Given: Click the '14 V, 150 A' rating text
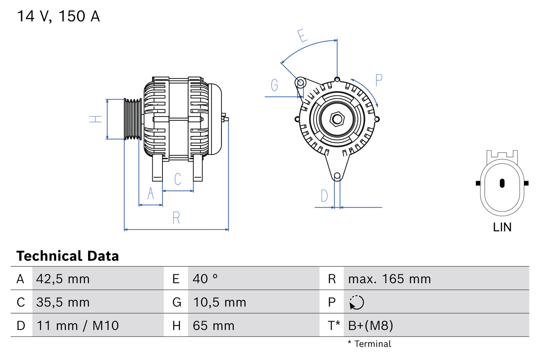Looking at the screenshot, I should [x=58, y=16].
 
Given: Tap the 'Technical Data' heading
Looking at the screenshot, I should [x=67, y=256].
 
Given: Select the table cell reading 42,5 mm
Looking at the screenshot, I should [x=63, y=279].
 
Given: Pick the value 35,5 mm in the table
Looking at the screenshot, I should [x=63, y=303].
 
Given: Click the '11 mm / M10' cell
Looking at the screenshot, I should [x=78, y=326].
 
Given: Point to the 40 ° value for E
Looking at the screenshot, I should [x=205, y=279].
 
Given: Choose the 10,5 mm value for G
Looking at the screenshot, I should [x=219, y=303].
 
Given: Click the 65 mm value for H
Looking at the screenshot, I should [x=213, y=326].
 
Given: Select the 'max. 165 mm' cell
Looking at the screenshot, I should [x=389, y=279].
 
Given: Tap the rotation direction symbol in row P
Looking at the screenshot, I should [x=356, y=303].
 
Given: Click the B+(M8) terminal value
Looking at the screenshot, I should [x=370, y=326].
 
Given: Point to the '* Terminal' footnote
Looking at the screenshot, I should [x=370, y=344].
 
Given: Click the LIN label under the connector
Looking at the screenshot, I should [x=502, y=227].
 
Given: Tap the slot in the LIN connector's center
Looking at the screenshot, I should [x=502, y=183].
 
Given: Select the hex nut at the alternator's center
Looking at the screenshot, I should [x=336, y=119].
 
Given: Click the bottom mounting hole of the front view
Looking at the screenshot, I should [x=337, y=176].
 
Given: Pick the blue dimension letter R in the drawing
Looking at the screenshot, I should [x=176, y=218].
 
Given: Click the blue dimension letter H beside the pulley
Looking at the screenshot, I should [x=97, y=119].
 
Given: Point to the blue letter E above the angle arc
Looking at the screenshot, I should [x=302, y=36].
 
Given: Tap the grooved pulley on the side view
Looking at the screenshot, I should [x=132, y=119].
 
